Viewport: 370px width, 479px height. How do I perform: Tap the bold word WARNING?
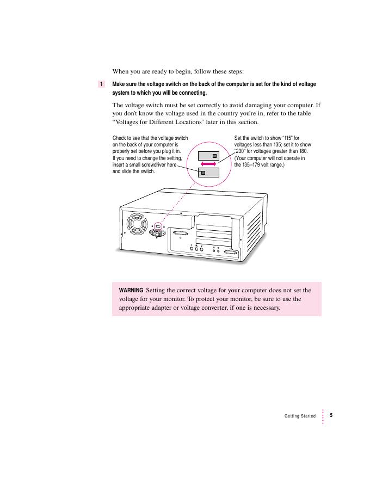coord(131,290)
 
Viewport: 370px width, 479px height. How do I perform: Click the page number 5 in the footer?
coord(331,415)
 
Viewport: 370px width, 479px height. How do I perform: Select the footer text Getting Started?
coord(300,416)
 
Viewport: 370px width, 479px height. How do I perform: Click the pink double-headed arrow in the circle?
coord(207,164)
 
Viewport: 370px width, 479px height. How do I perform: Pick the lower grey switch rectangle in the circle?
coord(208,173)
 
